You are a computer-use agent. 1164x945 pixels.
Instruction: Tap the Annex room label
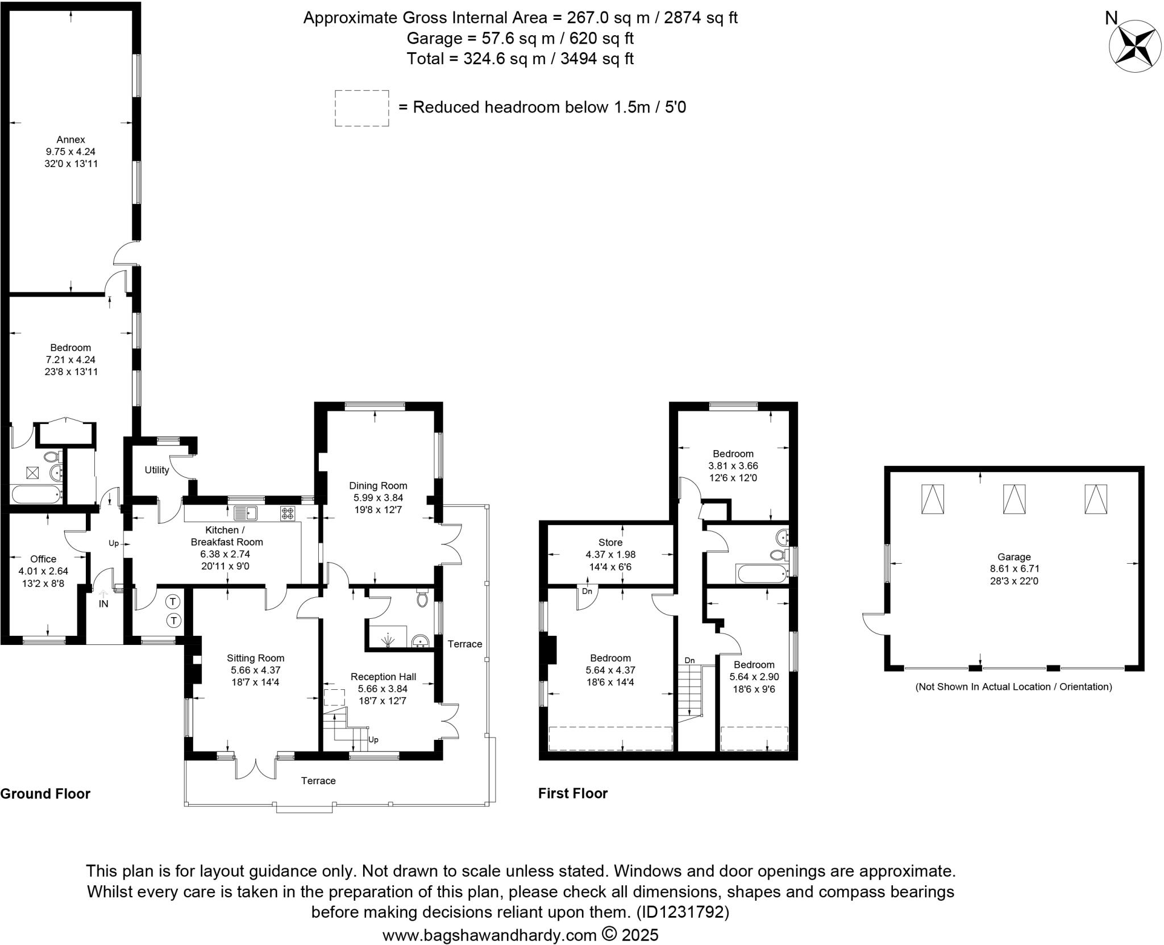(x=70, y=139)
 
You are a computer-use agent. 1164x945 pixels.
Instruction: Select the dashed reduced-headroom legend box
(x=361, y=108)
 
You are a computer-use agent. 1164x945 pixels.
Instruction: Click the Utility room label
(x=156, y=470)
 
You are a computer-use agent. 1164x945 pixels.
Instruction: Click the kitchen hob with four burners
(x=288, y=514)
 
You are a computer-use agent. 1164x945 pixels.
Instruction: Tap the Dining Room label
(x=378, y=485)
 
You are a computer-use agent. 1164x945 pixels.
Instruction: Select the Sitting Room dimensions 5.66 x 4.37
(x=255, y=670)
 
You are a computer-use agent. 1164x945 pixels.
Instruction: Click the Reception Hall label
(x=383, y=676)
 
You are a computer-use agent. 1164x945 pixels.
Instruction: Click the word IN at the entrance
(x=103, y=604)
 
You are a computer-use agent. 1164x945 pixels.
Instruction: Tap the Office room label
(x=43, y=559)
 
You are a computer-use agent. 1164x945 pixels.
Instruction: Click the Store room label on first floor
(x=610, y=542)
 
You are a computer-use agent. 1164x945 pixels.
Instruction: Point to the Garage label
(x=1014, y=557)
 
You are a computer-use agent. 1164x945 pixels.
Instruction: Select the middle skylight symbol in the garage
(x=1014, y=499)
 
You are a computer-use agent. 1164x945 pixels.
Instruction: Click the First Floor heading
(x=572, y=793)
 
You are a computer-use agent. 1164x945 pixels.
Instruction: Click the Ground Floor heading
(x=45, y=793)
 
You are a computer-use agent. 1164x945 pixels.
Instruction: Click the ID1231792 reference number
(x=682, y=912)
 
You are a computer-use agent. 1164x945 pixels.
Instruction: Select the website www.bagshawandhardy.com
(x=489, y=935)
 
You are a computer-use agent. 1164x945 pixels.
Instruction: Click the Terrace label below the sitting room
(x=318, y=780)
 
